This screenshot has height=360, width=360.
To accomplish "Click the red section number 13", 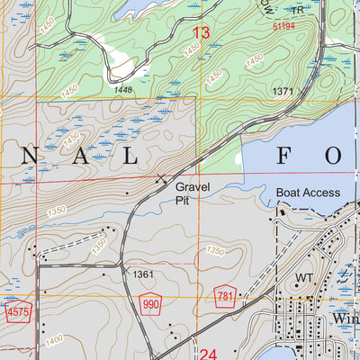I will pos(202,34).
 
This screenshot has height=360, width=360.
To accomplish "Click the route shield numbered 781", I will pos(226,296).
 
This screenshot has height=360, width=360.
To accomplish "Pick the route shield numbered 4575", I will pos(15,311).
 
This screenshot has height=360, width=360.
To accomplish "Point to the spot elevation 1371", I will pos(283,92).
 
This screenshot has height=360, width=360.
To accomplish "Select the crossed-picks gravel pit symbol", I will pos(161,178).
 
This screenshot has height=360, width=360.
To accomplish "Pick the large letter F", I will pos(283,157).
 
